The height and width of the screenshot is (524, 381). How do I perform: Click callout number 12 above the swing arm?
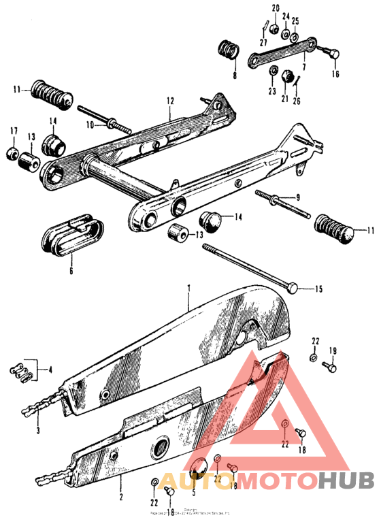coord(170,101)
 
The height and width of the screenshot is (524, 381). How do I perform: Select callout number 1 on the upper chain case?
coord(189,289)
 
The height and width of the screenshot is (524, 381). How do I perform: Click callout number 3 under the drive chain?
coord(37,431)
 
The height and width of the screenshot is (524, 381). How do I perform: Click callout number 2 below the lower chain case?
coord(121,479)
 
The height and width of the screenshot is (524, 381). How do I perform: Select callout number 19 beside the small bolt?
coord(333,351)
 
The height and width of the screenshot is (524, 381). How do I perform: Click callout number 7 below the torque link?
coord(303,67)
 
